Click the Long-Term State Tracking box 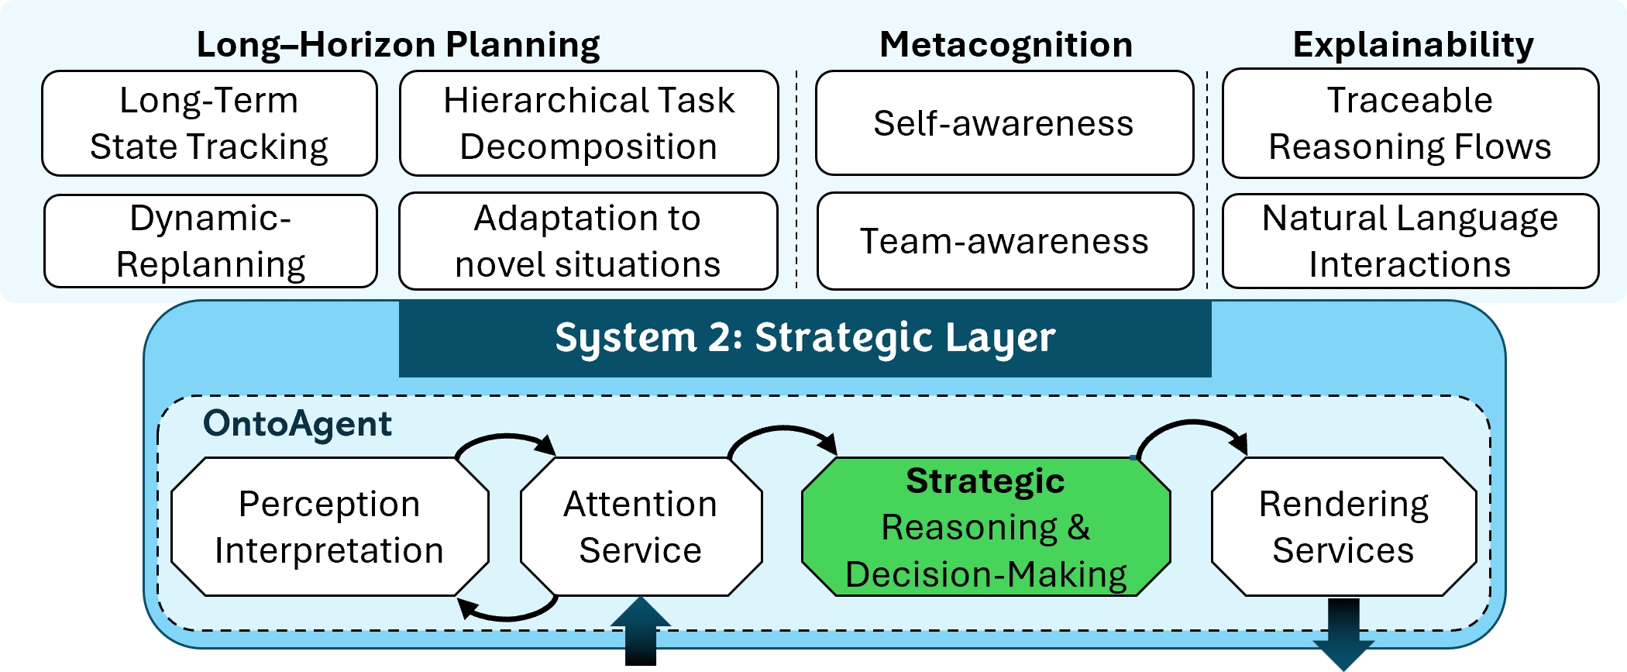[x=209, y=123]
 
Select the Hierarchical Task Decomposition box [x=589, y=123]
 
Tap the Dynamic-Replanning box [x=210, y=241]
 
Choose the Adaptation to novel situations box [x=588, y=241]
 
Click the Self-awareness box [x=1004, y=123]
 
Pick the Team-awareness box [x=1005, y=241]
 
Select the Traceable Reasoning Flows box [x=1410, y=123]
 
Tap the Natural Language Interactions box [x=1410, y=241]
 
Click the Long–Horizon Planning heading [x=398, y=44]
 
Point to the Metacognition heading [x=1006, y=44]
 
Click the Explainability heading [x=1413, y=44]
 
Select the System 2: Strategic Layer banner [x=805, y=338]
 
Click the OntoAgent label [x=298, y=424]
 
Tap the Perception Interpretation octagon [x=329, y=527]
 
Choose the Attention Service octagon [x=641, y=527]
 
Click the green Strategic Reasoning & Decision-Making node [x=985, y=528]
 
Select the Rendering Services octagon [x=1343, y=527]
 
